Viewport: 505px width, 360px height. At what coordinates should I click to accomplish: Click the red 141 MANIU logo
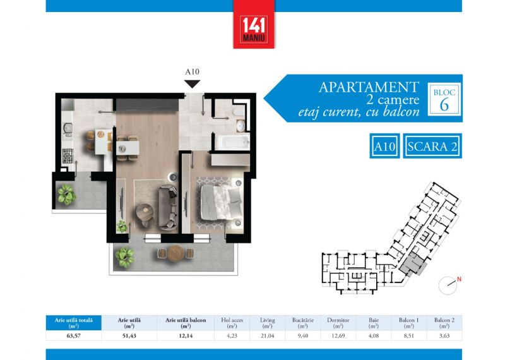[254, 24]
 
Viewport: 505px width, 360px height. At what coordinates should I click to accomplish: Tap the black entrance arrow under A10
[193, 84]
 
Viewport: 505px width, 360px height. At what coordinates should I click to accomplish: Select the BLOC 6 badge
[444, 99]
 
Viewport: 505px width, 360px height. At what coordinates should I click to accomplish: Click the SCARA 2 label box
[432, 146]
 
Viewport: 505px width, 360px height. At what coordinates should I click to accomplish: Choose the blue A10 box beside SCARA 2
[384, 146]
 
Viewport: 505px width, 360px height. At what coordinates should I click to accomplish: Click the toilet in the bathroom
[239, 111]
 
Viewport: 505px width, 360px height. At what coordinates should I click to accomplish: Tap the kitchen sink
[68, 128]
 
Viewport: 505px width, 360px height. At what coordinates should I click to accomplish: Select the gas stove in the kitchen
[68, 156]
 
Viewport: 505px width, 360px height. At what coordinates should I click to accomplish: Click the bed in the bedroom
[222, 203]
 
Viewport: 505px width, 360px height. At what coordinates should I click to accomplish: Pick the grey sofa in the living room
[168, 207]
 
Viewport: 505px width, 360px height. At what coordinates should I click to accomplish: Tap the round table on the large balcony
[176, 253]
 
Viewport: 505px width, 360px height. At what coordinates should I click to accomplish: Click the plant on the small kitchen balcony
[67, 195]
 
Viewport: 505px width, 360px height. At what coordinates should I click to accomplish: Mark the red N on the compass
[459, 279]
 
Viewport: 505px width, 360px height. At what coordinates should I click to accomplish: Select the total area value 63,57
[73, 335]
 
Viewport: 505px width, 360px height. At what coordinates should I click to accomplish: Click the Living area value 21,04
[267, 335]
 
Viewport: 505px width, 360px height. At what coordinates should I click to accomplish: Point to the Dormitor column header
[338, 323]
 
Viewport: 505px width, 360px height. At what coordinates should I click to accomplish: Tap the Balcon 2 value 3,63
[444, 335]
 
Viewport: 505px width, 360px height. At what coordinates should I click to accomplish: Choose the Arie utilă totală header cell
[73, 323]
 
